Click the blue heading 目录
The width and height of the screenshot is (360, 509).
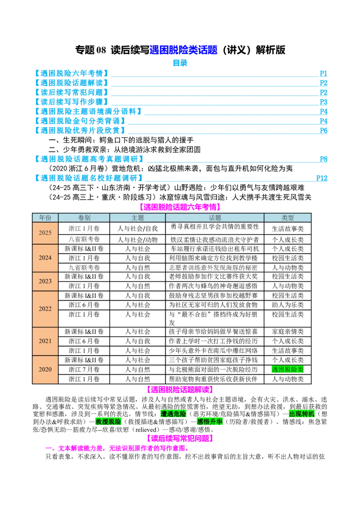pyautogui.click(x=180, y=63)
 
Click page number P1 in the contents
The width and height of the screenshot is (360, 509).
pyautogui.click(x=323, y=73)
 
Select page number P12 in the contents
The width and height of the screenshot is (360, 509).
pyautogui.click(x=322, y=178)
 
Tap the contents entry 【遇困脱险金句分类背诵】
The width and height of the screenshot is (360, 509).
pyautogui.click(x=80, y=121)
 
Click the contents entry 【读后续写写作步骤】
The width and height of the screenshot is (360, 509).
pyautogui.click(x=72, y=102)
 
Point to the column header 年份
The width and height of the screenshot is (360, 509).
pyautogui.click(x=45, y=218)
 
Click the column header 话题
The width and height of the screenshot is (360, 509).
pyautogui.click(x=215, y=218)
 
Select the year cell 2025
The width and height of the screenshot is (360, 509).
pyautogui.click(x=45, y=233)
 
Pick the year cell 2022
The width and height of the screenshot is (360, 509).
pyautogui.click(x=45, y=309)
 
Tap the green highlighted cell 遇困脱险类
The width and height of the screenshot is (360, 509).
pyautogui.click(x=288, y=370)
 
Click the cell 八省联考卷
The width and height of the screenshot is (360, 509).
pyautogui.click(x=84, y=239)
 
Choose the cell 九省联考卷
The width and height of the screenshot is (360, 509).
pyautogui.click(x=84, y=268)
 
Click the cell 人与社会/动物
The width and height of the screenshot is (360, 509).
pyautogui.click(x=138, y=240)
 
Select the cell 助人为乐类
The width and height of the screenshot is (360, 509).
pyautogui.click(x=288, y=305)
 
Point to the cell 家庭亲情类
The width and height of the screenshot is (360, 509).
pyautogui.click(x=288, y=331)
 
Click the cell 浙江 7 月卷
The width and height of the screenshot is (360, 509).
pyautogui.click(x=84, y=370)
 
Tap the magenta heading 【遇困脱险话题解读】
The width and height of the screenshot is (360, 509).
pyautogui.click(x=180, y=389)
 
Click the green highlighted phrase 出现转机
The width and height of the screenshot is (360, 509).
pyautogui.click(x=302, y=414)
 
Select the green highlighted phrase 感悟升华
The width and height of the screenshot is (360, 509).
pyautogui.click(x=210, y=422)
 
